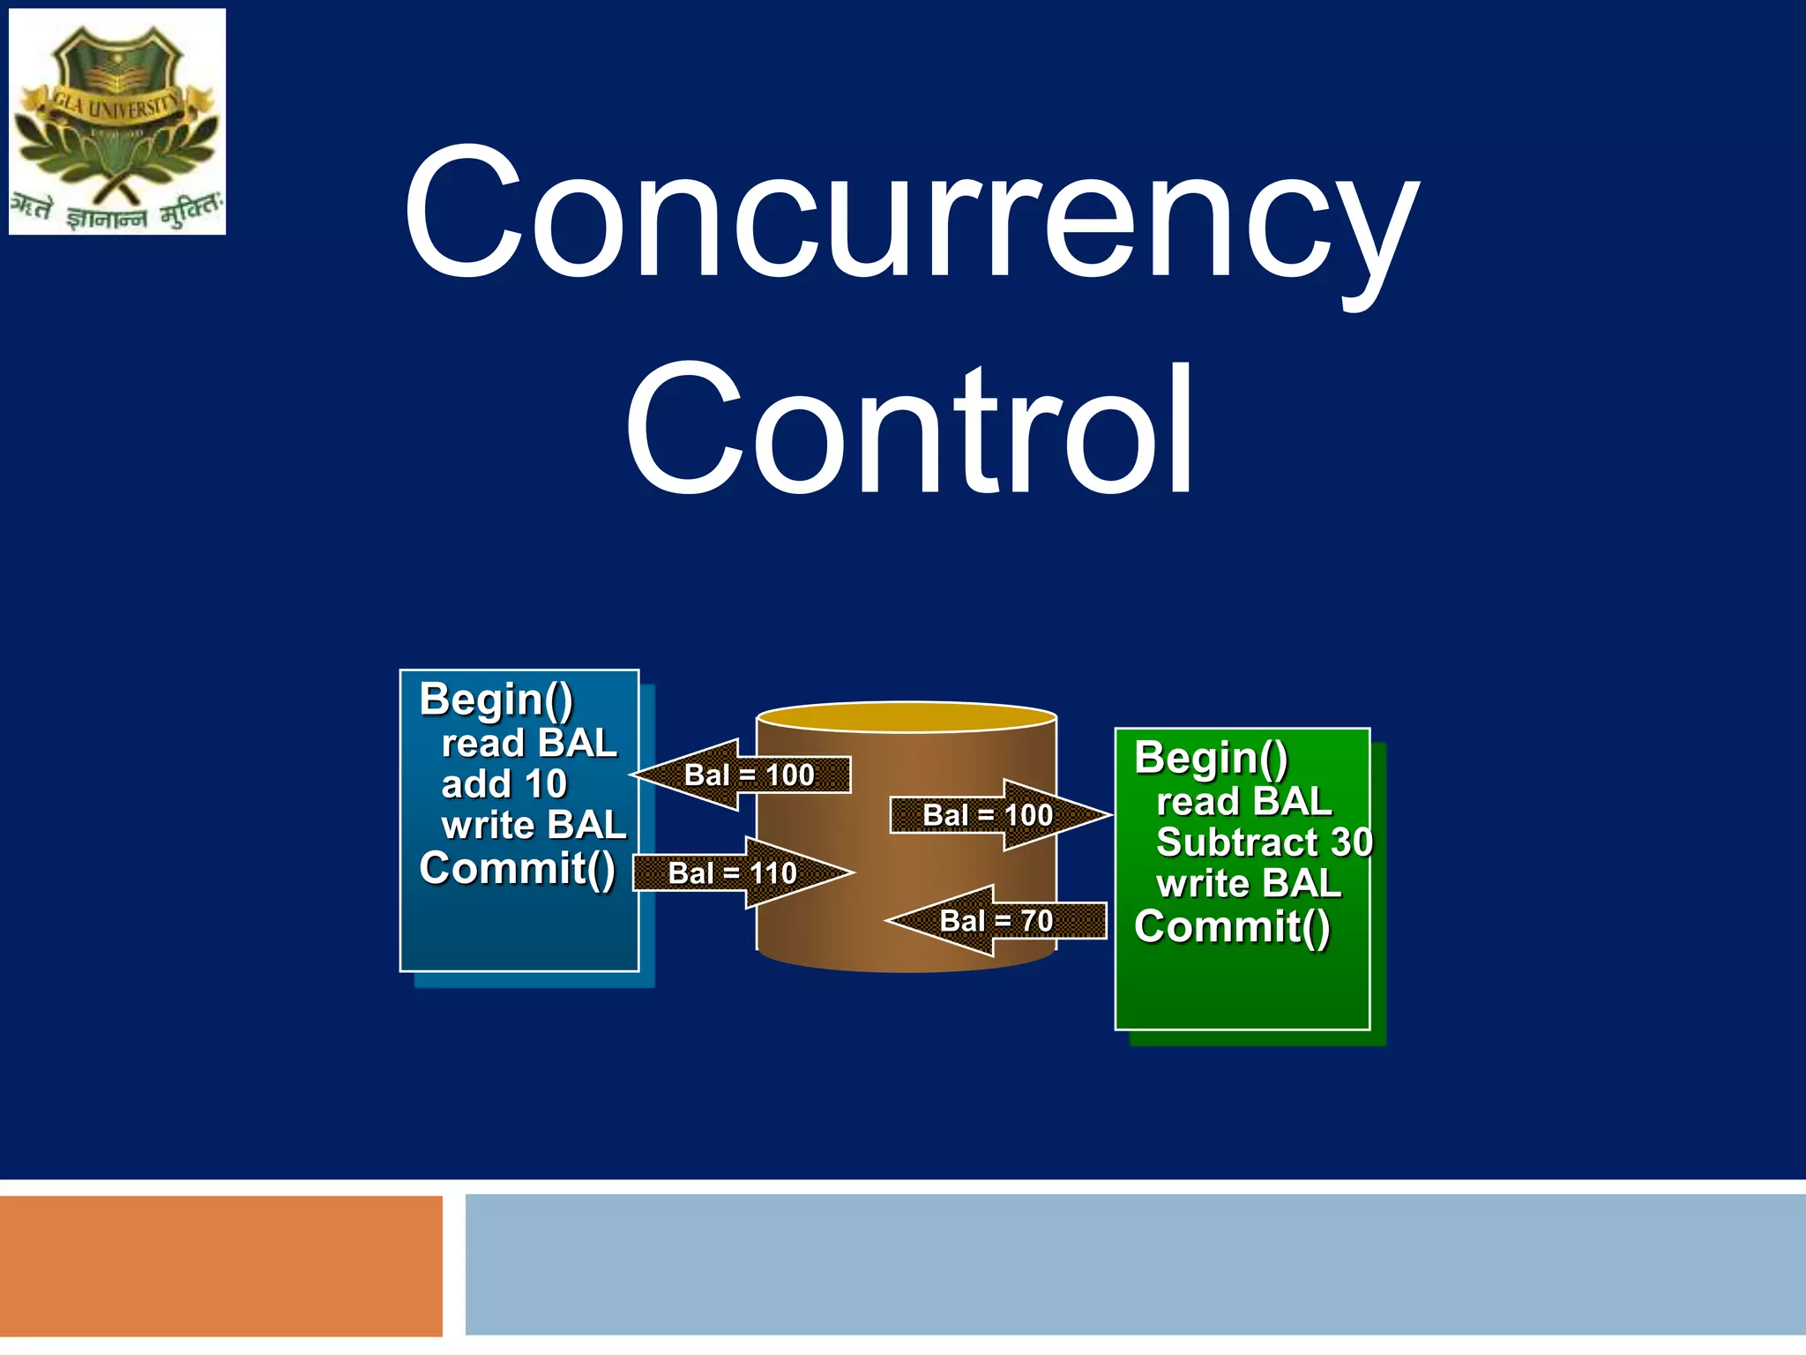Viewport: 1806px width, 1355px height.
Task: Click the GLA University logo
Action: (117, 122)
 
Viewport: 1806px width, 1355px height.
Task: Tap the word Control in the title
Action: (910, 430)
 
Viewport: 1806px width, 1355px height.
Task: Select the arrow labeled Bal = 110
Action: (741, 873)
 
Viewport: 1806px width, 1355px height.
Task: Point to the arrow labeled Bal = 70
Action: (996, 921)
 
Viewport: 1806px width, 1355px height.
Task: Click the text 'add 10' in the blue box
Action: (504, 784)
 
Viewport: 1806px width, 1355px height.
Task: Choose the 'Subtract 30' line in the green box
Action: (1264, 842)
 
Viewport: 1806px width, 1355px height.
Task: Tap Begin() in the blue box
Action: (496, 700)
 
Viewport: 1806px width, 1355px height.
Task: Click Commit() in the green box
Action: (1232, 927)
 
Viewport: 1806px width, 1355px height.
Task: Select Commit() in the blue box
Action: (517, 869)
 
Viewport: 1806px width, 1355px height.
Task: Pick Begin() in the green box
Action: (1211, 759)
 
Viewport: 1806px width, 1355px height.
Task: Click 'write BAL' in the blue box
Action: (534, 826)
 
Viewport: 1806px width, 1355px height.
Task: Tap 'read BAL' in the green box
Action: (1243, 802)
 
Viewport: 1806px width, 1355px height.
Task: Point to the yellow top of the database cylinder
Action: (907, 717)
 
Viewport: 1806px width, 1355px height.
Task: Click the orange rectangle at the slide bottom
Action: (220, 1266)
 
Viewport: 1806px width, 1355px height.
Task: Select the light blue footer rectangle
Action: (1134, 1264)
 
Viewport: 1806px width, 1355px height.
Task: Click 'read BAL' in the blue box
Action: (528, 744)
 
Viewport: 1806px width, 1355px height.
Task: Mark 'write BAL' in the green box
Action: (1248, 884)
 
